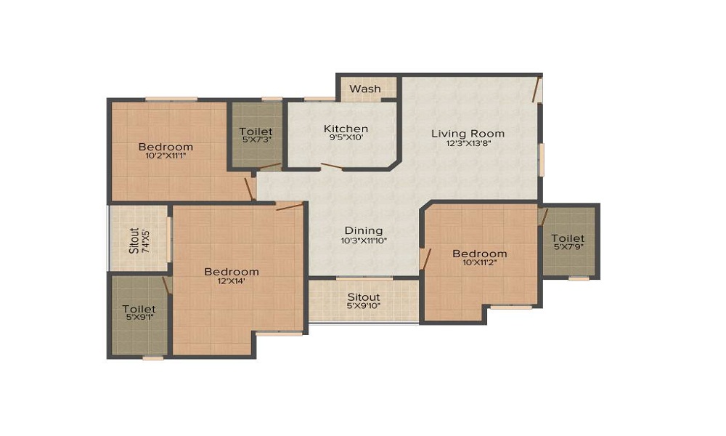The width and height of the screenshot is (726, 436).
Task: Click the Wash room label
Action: click(365, 89)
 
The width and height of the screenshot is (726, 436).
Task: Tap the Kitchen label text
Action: click(346, 129)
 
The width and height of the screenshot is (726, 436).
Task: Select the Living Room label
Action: click(468, 133)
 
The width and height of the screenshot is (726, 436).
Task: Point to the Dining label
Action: click(363, 230)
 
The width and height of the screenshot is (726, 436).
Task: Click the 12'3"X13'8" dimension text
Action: click(468, 143)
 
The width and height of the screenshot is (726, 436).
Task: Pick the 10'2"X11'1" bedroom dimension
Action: click(166, 156)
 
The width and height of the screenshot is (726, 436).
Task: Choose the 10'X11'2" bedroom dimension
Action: click(479, 263)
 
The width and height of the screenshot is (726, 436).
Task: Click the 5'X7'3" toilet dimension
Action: click(256, 140)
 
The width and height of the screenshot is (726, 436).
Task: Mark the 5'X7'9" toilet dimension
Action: click(568, 248)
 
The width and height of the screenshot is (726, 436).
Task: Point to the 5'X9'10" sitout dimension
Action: click(363, 307)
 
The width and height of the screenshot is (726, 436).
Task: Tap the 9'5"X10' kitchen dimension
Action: click(346, 138)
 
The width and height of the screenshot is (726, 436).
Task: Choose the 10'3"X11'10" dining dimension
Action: click(363, 241)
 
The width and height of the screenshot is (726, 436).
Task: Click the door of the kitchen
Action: click(332, 167)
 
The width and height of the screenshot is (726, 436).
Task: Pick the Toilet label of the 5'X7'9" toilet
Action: click(568, 238)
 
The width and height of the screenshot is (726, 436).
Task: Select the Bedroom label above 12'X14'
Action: click(231, 272)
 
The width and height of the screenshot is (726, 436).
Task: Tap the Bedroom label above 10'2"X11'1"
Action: click(166, 147)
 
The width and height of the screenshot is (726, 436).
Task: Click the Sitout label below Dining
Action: click(363, 297)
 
